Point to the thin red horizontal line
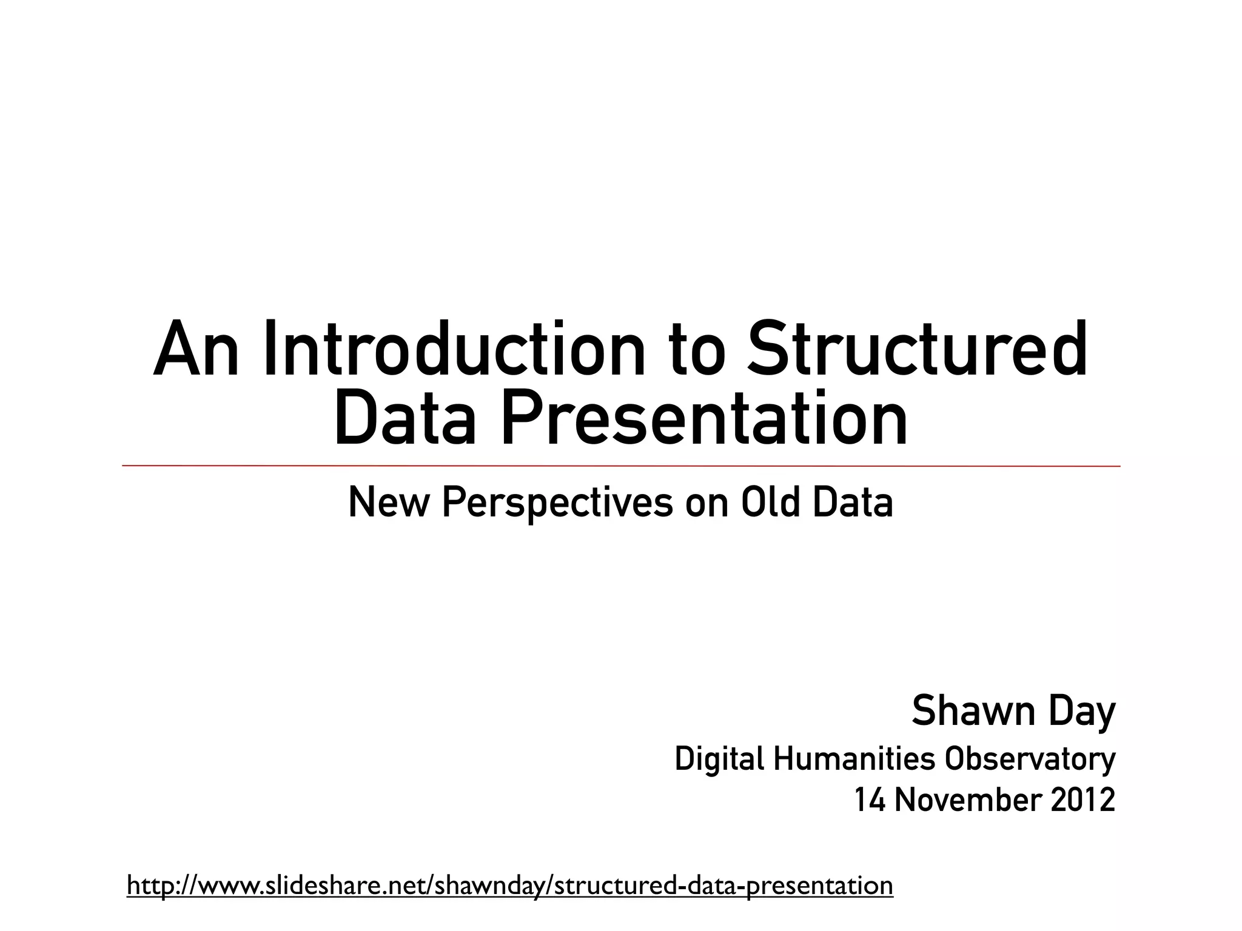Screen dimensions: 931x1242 pos(621,465)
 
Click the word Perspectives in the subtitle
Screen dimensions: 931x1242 pos(557,503)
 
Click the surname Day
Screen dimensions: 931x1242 pos(1082,712)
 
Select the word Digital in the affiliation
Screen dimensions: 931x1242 pos(719,759)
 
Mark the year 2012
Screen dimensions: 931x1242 pos(1083,800)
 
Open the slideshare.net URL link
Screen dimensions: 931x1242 pos(509,886)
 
